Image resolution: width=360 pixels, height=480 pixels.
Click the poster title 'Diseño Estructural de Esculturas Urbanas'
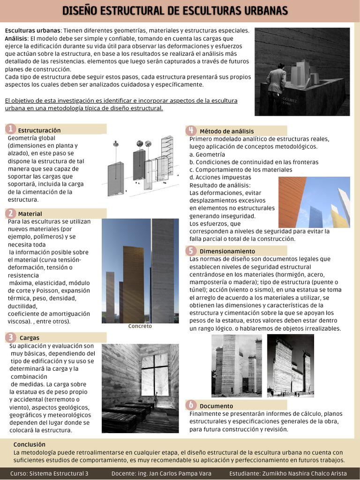coord(175,10)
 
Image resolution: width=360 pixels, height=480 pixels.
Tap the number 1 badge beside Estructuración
coord(10,129)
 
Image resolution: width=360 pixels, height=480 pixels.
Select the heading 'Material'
coord(30,214)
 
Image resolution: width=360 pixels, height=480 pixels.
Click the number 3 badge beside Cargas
coord(10,337)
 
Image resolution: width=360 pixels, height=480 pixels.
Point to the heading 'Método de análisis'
coord(226,131)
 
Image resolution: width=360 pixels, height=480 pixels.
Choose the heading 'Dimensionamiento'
coord(227,251)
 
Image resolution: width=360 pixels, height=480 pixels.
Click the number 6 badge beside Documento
coord(191,405)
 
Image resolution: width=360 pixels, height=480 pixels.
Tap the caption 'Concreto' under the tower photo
coord(140,326)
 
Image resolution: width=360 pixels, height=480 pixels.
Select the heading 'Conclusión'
coord(30,444)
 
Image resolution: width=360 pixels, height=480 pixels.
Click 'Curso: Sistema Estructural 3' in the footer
coord(49,473)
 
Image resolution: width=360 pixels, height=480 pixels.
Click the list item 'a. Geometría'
coord(207,154)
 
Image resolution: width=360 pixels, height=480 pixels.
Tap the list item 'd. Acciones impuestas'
coord(220,177)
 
